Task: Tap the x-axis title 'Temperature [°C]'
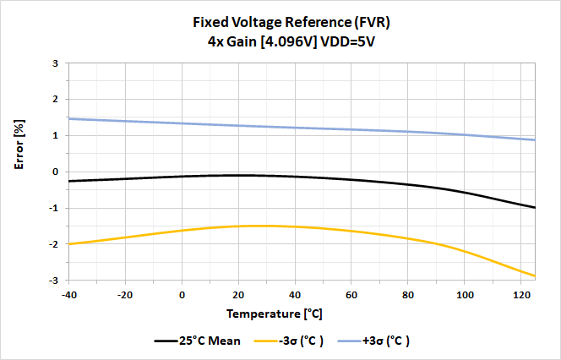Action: tap(275, 314)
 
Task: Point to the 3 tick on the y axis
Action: tap(55, 63)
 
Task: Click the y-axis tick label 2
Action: tap(55, 100)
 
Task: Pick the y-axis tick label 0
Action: tap(55, 172)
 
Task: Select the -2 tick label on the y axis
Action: tap(53, 244)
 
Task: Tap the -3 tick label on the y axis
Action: tap(53, 280)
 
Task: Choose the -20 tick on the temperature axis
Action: tap(125, 294)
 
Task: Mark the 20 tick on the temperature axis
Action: tap(239, 294)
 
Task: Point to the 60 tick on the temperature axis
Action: tap(351, 294)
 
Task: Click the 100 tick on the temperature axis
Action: tap(464, 294)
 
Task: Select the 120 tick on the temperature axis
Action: tap(520, 294)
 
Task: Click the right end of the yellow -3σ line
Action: tap(535, 275)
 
